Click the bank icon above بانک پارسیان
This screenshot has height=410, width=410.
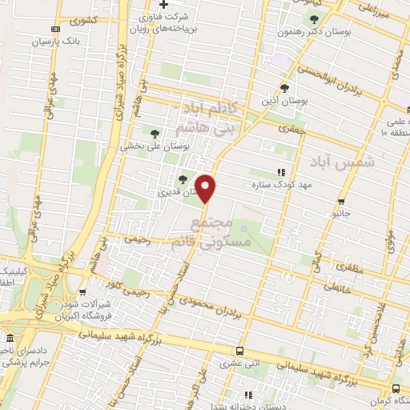(43, 29)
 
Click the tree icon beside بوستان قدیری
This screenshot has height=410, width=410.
(183, 179)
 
